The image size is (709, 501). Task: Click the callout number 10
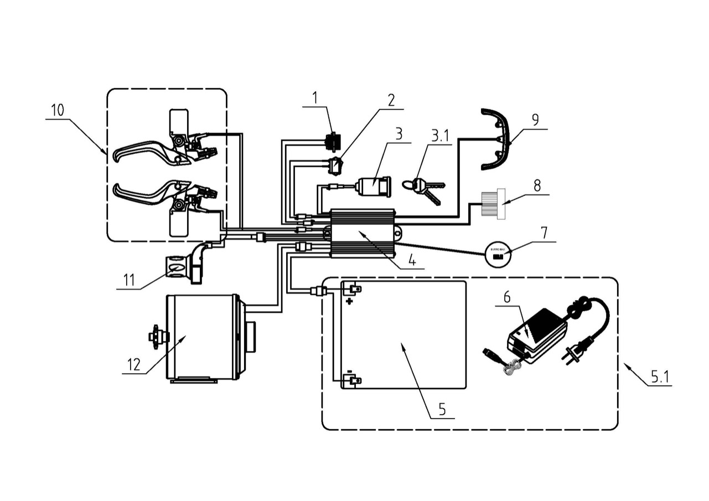58,110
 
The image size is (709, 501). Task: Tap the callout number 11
129,281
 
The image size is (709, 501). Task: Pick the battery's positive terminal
353,289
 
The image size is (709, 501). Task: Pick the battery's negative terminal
352,380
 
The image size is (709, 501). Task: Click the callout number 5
442,409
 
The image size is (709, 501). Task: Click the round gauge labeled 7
497,254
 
